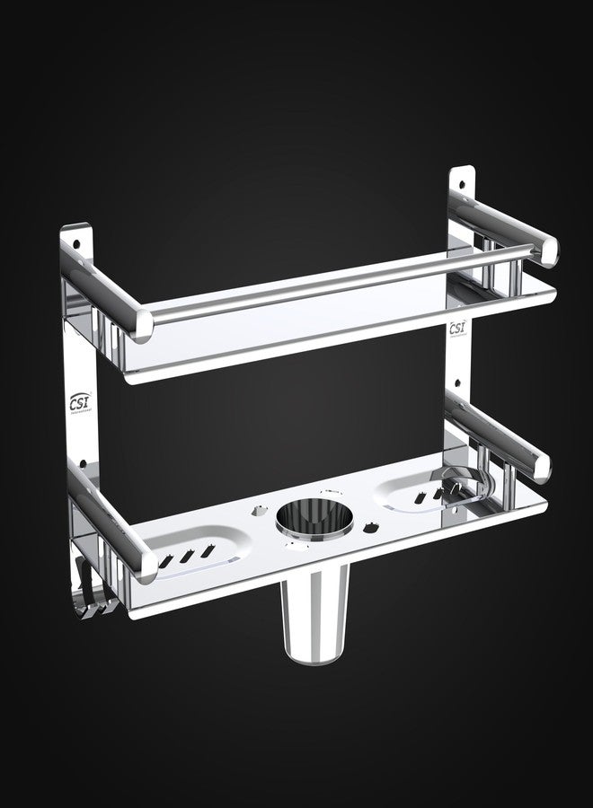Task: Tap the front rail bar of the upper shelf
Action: pos(350,273)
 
